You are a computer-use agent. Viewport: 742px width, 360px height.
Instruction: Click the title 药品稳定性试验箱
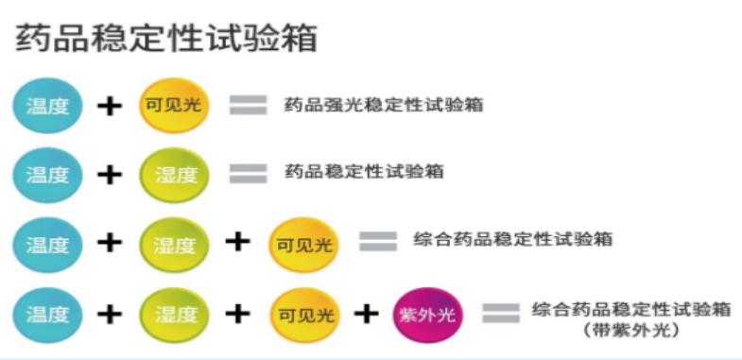165,38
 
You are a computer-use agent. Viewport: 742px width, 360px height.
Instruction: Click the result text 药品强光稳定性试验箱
384,105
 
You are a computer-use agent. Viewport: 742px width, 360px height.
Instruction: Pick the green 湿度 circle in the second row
175,175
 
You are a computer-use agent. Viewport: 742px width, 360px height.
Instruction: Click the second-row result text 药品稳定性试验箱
365,173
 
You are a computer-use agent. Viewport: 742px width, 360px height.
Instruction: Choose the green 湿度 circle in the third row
175,244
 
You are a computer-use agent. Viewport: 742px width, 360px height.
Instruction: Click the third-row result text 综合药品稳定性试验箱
513,240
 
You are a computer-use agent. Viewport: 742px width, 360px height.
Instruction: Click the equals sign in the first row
248,105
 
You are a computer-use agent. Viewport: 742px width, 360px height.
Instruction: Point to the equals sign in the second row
248,175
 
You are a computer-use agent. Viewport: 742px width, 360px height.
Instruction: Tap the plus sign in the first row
111,105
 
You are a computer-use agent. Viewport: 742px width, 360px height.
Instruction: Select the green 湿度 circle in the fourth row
175,313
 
